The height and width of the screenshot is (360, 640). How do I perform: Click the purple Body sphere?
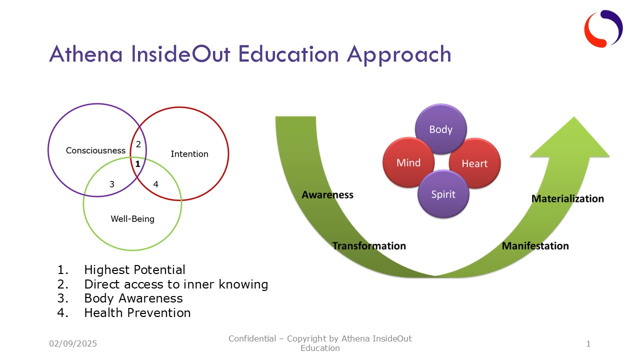[440, 129]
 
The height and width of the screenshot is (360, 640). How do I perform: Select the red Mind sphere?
[408, 162]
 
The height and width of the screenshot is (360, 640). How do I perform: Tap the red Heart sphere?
[474, 163]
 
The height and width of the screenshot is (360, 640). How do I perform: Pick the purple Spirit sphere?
[443, 194]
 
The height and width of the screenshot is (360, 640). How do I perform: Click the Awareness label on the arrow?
[327, 195]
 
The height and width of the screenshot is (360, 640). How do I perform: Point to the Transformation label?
[369, 246]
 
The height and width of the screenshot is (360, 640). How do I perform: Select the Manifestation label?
[535, 246]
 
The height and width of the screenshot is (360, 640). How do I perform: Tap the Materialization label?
[567, 199]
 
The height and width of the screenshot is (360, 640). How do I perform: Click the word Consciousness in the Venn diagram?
[95, 150]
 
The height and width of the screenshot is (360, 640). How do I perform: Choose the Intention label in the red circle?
[189, 154]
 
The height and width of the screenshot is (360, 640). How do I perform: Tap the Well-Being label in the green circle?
[132, 218]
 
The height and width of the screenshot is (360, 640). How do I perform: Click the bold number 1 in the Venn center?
[137, 163]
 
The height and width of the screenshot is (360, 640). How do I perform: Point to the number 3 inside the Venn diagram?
[112, 184]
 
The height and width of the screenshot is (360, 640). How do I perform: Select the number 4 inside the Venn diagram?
[155, 184]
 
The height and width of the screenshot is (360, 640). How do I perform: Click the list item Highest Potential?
[134, 270]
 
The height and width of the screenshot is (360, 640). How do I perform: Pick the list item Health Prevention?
[137, 313]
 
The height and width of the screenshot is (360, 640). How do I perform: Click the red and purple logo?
[603, 28]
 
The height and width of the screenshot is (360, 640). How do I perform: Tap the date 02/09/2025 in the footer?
[73, 343]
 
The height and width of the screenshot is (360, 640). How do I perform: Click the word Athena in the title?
[85, 54]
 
